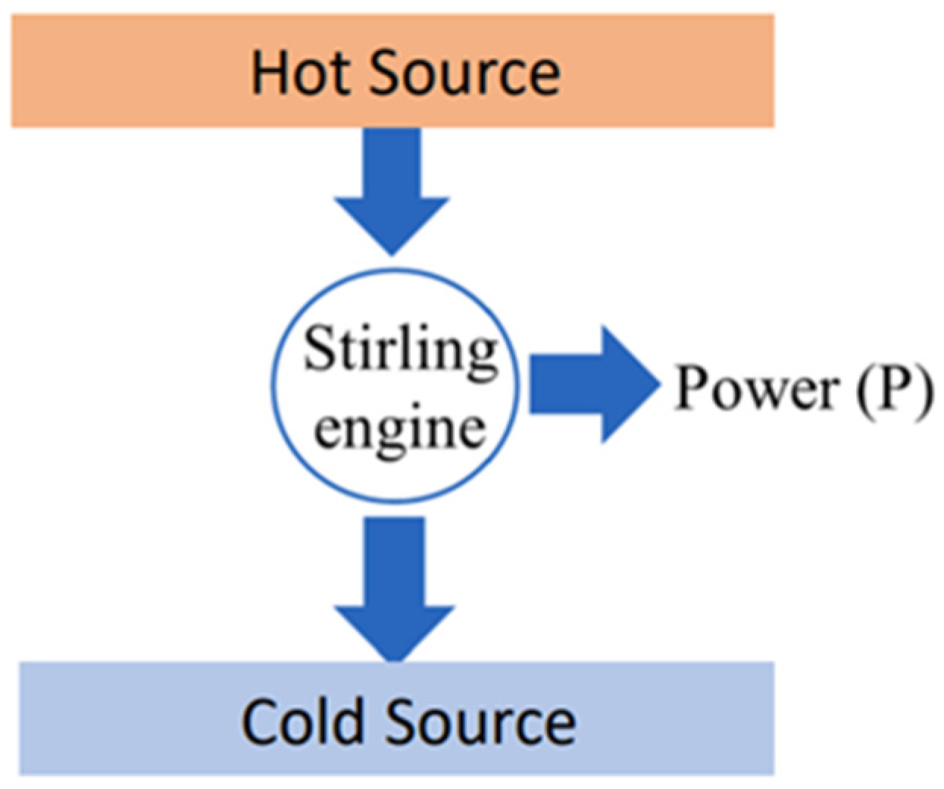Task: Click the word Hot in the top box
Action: (x=302, y=73)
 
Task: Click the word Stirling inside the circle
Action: (x=401, y=351)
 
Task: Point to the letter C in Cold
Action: (x=260, y=722)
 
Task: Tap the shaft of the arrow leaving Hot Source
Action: (x=392, y=163)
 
